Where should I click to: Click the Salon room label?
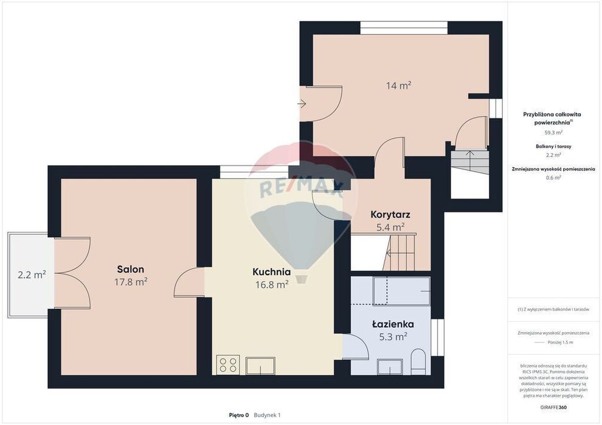(131, 269)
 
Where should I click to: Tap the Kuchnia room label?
(271, 272)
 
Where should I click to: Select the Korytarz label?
(390, 214)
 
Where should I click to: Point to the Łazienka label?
(393, 324)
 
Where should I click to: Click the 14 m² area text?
(398, 86)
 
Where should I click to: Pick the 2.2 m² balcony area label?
(32, 275)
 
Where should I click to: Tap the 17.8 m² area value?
(131, 282)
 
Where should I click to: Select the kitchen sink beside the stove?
(260, 365)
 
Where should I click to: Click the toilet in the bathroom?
(418, 362)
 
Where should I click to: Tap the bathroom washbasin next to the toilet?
(390, 366)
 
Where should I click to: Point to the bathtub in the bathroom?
(401, 291)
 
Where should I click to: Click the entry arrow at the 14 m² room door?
(302, 103)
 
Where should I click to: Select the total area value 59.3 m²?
(553, 132)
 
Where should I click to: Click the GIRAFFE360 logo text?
(553, 407)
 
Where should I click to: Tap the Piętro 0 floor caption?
(239, 415)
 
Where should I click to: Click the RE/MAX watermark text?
(302, 188)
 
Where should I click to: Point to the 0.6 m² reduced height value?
(553, 177)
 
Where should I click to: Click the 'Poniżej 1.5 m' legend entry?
(560, 342)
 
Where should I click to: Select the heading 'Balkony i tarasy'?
(553, 146)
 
